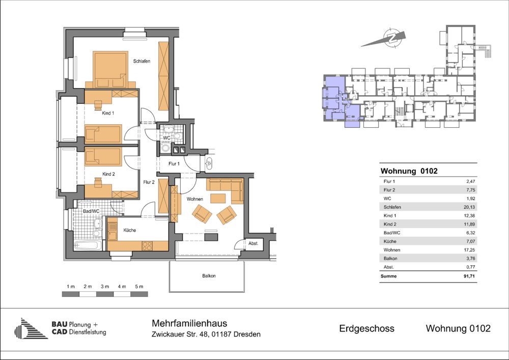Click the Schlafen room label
click(x=142, y=61)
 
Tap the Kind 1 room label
click(x=108, y=113)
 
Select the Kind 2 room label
click(x=109, y=174)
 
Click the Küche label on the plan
click(x=129, y=230)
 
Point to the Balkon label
click(x=209, y=276)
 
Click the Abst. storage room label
click(x=253, y=243)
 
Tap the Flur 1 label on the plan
click(x=174, y=164)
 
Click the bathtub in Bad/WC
click(x=88, y=245)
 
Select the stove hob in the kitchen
click(x=148, y=246)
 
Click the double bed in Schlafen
click(x=110, y=69)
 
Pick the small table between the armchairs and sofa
click(x=218, y=198)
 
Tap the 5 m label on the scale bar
click(x=139, y=287)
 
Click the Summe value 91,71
click(x=469, y=276)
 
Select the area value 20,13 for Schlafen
click(x=470, y=207)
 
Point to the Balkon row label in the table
click(x=390, y=259)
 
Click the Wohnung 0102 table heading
click(x=409, y=171)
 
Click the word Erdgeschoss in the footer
click(x=367, y=328)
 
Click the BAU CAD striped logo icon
click(x=31, y=328)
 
